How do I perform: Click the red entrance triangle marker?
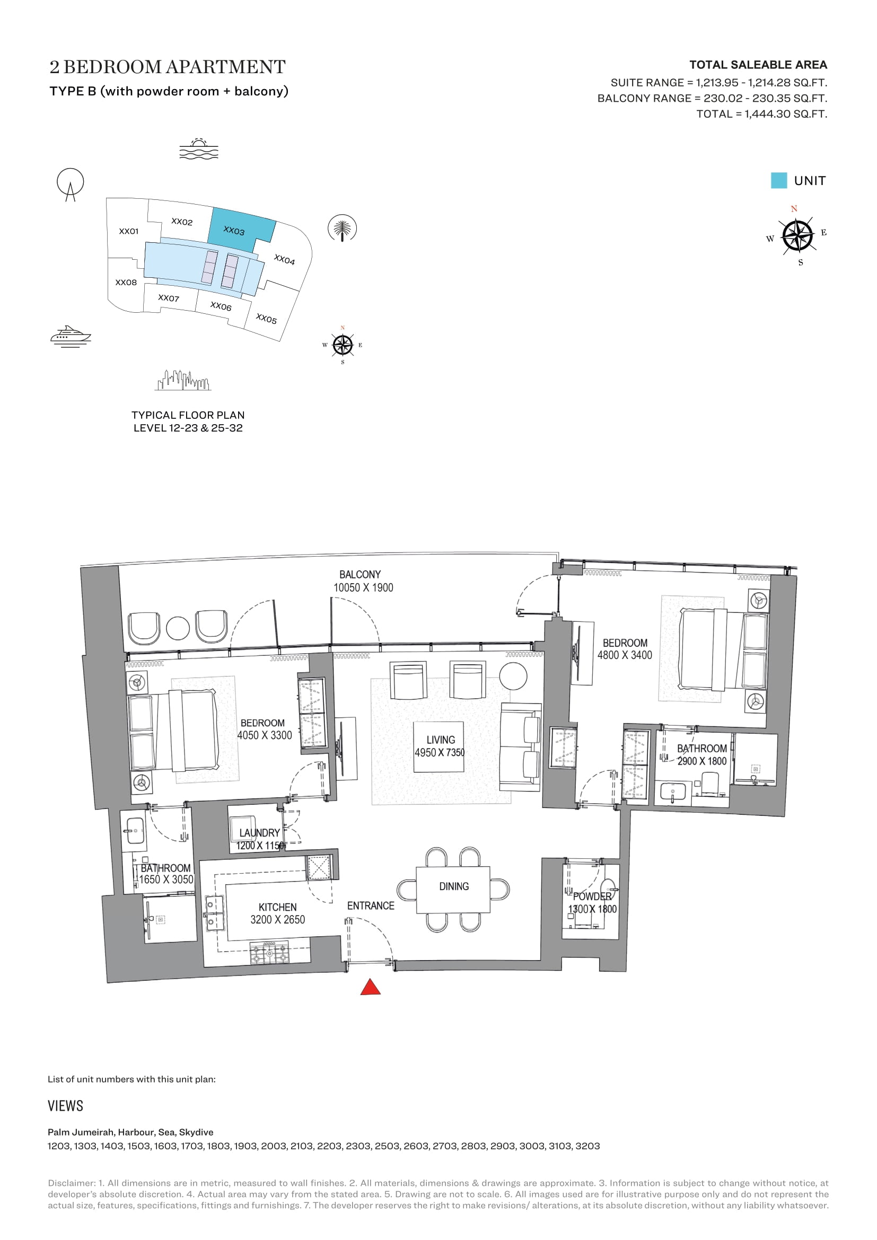[x=371, y=987]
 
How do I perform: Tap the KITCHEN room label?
[x=277, y=907]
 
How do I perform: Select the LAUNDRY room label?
[x=259, y=833]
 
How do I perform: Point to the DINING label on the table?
[x=454, y=886]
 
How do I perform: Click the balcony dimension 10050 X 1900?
[x=363, y=587]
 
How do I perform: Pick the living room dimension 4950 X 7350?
[x=440, y=752]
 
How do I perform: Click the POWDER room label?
[x=592, y=896]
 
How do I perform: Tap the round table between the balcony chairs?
[x=178, y=628]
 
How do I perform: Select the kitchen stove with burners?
[x=269, y=951]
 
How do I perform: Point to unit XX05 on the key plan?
[x=266, y=318]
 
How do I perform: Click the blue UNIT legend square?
[x=779, y=180]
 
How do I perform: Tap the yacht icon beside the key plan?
[x=70, y=336]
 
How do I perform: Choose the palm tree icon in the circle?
[x=343, y=228]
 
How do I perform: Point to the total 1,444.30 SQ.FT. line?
[x=761, y=114]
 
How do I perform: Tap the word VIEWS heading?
[x=65, y=1105]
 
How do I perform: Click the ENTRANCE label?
[x=371, y=905]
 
